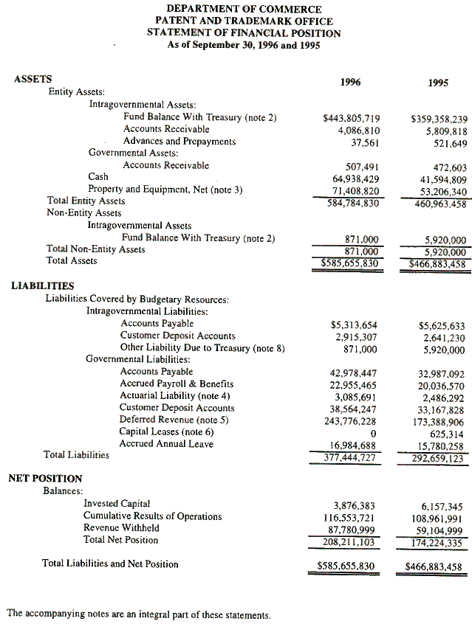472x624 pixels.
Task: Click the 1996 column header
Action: (x=350, y=82)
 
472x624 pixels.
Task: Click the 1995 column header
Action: (x=438, y=83)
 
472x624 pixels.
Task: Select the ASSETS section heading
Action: (x=33, y=80)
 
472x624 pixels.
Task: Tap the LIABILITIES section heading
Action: (x=42, y=285)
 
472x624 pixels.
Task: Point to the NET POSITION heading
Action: (x=45, y=479)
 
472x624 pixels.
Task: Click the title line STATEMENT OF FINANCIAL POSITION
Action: (x=244, y=33)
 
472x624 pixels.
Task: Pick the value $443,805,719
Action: (x=352, y=118)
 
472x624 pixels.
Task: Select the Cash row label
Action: (x=98, y=176)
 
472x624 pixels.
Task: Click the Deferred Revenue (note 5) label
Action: (x=174, y=420)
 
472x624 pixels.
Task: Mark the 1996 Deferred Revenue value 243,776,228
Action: (x=353, y=420)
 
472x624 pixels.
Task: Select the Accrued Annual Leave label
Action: (x=166, y=443)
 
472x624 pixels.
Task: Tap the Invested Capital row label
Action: (x=117, y=504)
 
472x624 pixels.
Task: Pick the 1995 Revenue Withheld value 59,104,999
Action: (x=439, y=529)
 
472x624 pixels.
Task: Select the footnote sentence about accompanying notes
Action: (x=139, y=613)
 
